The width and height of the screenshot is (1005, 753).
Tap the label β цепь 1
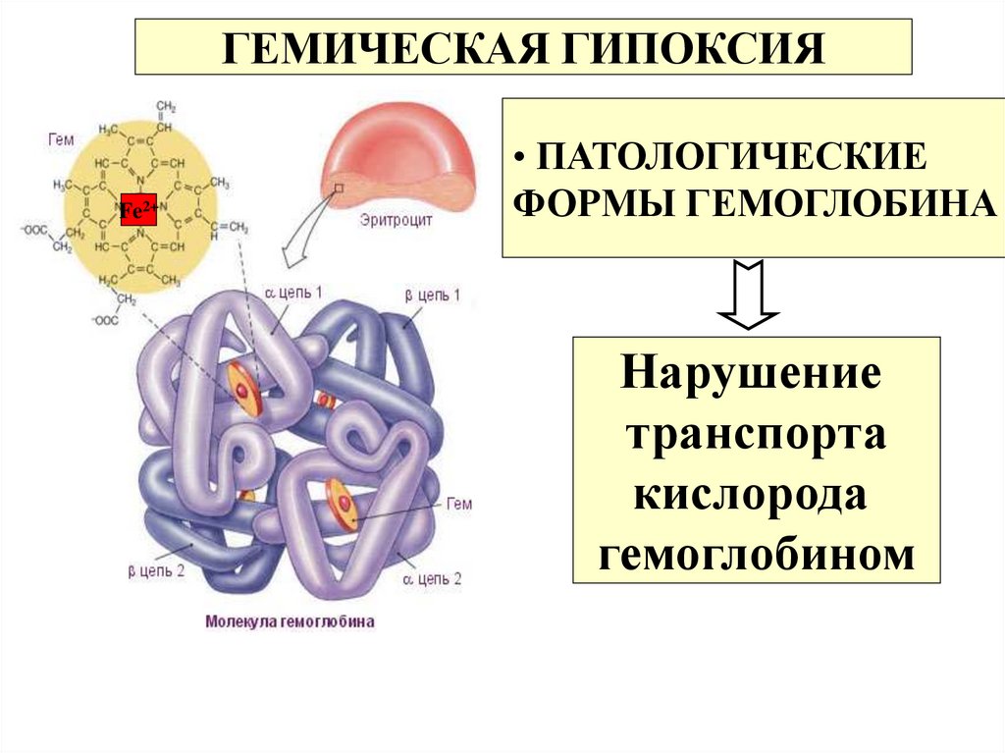pyautogui.click(x=432, y=296)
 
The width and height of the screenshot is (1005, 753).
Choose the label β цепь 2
pyautogui.click(x=156, y=569)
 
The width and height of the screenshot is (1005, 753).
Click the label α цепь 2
pyautogui.click(x=432, y=579)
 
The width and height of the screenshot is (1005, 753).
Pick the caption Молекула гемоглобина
pyautogui.click(x=290, y=621)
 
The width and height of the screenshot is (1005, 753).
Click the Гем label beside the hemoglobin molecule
pyautogui.click(x=459, y=505)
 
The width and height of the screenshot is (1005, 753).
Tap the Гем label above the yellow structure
pyautogui.click(x=60, y=139)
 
